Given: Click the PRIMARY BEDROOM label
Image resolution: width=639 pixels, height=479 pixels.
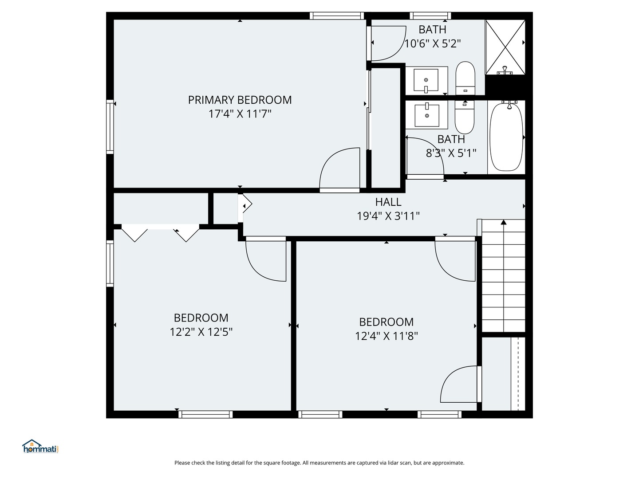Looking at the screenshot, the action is (x=240, y=100).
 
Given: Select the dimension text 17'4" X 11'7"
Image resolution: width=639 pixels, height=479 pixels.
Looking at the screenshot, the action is (x=240, y=114).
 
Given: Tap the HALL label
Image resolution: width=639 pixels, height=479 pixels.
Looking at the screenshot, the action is (x=388, y=202).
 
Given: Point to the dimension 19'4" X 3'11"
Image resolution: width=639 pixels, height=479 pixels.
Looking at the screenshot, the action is (x=388, y=216).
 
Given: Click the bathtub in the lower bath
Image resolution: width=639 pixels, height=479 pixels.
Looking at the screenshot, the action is (x=506, y=137).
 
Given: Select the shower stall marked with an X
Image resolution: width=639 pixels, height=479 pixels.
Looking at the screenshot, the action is (x=505, y=47).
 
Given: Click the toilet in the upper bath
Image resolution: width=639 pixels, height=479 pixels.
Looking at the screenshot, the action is (x=465, y=78).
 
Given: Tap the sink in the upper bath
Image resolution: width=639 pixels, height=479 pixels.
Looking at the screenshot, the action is (x=426, y=80).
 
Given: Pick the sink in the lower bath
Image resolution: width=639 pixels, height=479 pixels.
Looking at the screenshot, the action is (x=427, y=115).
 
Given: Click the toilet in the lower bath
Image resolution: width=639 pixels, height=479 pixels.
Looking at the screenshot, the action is (x=465, y=117).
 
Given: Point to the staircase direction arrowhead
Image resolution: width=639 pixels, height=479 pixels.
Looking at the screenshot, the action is (x=504, y=222).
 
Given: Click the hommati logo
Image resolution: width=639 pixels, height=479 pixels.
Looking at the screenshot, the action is (x=40, y=447).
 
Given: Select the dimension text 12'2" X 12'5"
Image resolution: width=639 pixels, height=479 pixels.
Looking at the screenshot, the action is (x=201, y=332).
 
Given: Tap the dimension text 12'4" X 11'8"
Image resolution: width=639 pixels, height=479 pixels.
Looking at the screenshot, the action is (x=387, y=336).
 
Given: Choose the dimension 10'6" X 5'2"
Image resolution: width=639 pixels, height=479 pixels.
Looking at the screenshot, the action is (x=432, y=43).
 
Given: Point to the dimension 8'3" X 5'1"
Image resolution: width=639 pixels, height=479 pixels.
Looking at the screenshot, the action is (x=451, y=153).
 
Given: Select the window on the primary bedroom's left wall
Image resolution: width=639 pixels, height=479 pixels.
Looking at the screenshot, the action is (x=110, y=127).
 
